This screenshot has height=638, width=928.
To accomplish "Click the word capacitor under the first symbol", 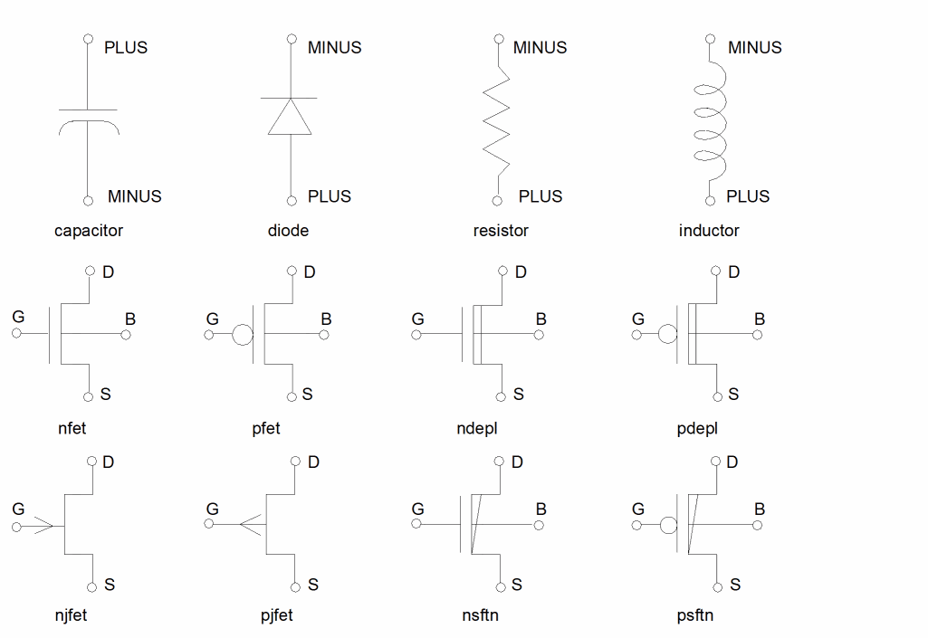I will click(89, 231).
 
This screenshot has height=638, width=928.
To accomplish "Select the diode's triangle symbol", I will click(290, 117).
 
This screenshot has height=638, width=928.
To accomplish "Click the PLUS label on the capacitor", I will click(126, 47).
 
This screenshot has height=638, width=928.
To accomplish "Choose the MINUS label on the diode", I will click(334, 47).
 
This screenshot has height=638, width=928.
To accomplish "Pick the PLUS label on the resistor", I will click(541, 196).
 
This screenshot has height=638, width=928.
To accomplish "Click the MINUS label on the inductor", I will click(754, 47).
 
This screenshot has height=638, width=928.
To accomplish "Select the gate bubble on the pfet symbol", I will click(243, 335).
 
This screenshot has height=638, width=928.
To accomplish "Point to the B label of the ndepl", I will click(541, 319).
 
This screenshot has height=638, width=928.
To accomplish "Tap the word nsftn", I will click(480, 616).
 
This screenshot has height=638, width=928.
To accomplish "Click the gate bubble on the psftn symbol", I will click(668, 525).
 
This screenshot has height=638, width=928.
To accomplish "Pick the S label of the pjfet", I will click(313, 585).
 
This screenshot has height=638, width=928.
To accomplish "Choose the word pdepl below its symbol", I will click(697, 428).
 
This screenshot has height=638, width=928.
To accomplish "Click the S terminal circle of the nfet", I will click(89, 396).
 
